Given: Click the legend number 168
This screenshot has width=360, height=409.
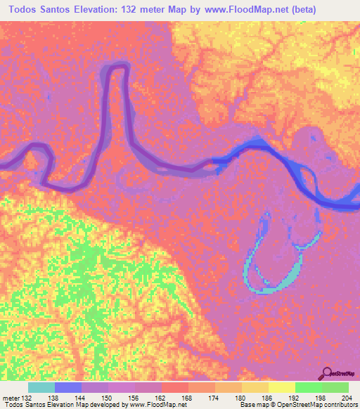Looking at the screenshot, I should tap(188, 398).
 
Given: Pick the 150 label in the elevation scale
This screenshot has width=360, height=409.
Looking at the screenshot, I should tap(108, 398).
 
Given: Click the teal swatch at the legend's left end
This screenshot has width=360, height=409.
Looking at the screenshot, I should tap(41, 387).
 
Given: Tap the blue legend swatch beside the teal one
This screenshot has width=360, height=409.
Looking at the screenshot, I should tap(68, 387).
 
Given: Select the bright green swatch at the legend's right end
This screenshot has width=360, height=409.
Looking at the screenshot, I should tap(335, 387).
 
